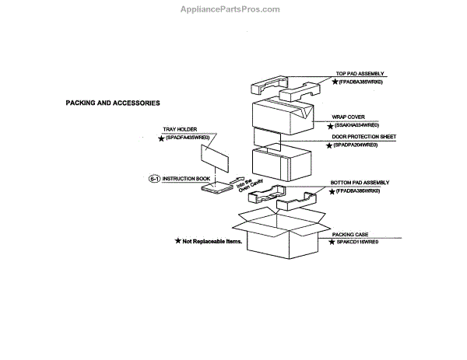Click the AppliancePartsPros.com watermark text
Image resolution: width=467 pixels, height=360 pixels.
[233, 9]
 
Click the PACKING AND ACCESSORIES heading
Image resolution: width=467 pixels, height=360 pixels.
[113, 103]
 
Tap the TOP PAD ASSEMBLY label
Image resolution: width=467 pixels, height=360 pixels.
[360, 73]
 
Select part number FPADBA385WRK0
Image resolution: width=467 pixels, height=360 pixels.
[364, 82]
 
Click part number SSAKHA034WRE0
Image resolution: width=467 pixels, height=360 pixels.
[359, 125]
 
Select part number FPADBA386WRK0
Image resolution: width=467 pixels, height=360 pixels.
[363, 190]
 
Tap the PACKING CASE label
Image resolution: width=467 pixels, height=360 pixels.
[350, 234]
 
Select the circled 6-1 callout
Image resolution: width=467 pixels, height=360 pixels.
[154, 178]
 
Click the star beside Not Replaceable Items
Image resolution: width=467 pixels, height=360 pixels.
[177, 242]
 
